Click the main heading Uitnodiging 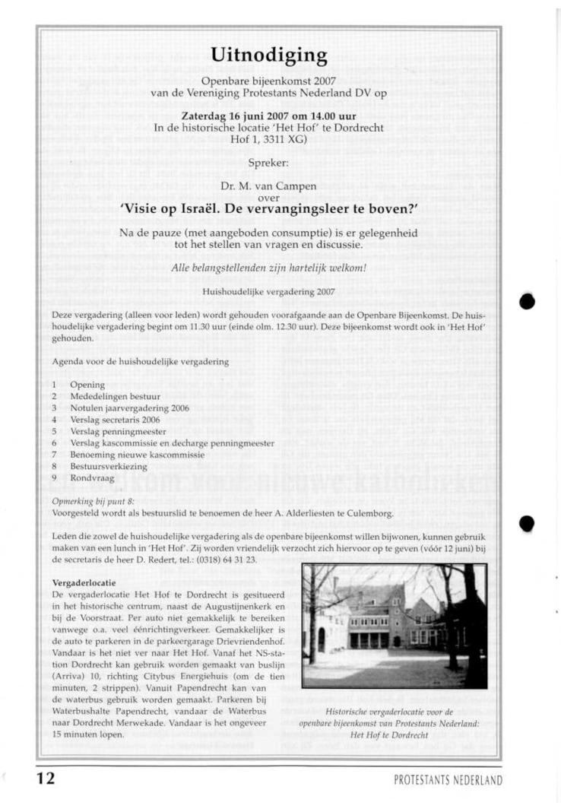pos(269,56)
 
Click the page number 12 pos(45,779)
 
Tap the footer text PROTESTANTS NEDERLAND pos(448,781)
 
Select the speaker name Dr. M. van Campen pos(268,186)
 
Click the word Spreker pos(268,162)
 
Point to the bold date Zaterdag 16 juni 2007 pos(234,116)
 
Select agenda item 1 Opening pos(87,385)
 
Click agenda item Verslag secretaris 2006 pos(115,420)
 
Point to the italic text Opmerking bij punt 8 pos(90,502)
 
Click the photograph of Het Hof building pos(394,626)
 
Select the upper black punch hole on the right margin pos(527,301)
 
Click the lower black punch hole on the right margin pos(527,523)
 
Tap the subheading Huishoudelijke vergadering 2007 pos(268,291)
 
